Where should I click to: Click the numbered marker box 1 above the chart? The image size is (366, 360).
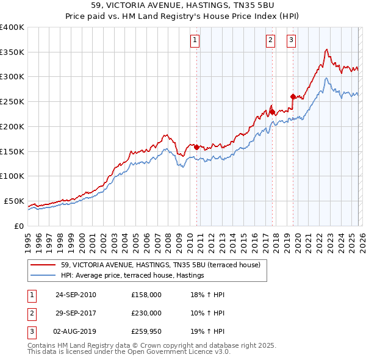point(195,40)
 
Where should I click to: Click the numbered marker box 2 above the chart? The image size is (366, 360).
point(270,40)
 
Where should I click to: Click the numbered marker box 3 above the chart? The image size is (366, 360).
point(291,40)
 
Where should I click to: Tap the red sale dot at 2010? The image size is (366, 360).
point(196,147)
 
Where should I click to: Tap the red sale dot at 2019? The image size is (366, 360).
point(293,96)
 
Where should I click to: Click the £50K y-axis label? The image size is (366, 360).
point(14,201)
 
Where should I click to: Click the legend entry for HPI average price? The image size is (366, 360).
point(132,276)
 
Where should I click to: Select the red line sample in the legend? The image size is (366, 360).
point(43,265)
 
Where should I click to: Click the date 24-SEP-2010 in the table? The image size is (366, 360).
point(76,295)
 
